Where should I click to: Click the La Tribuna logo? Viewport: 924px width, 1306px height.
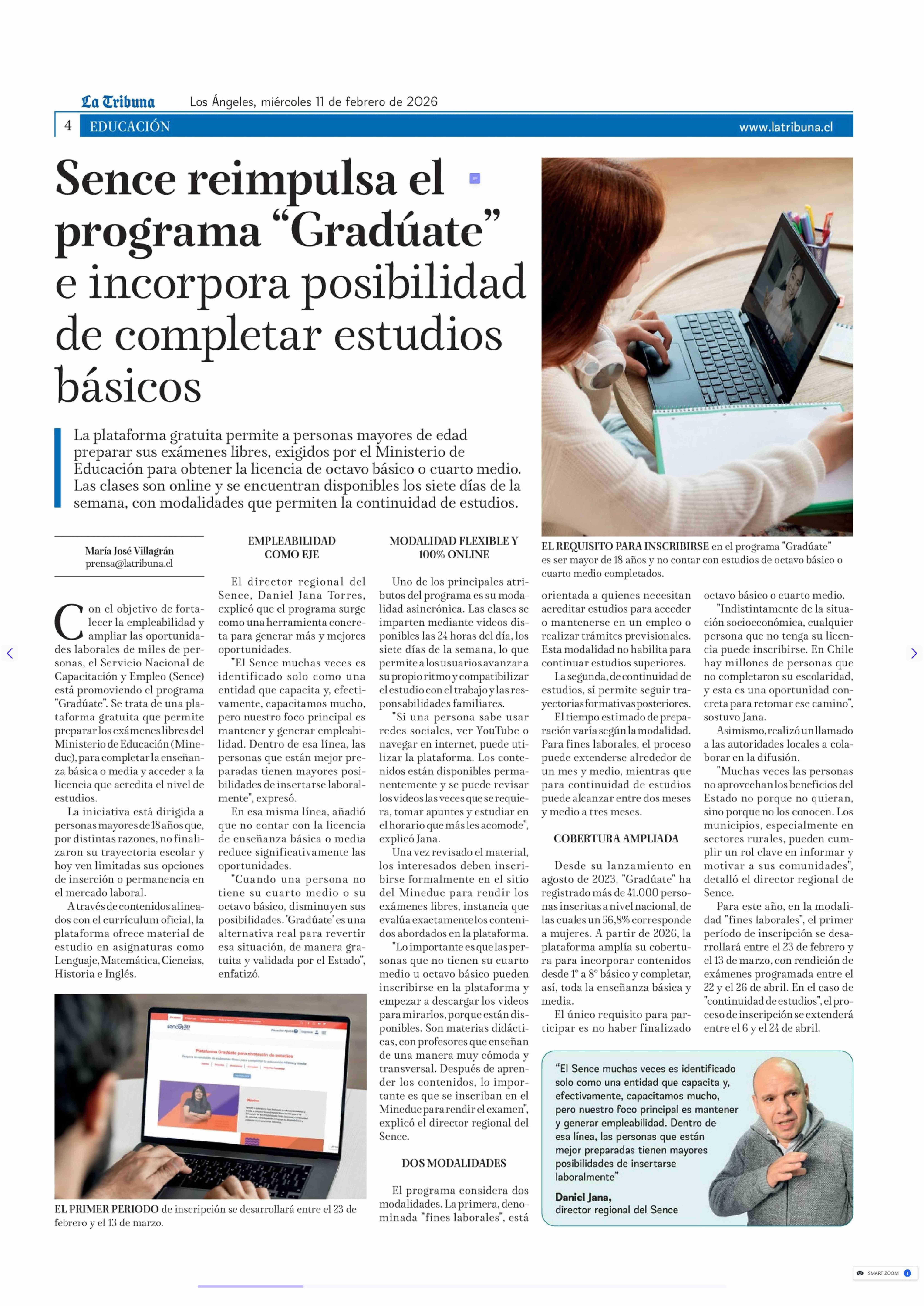(x=118, y=102)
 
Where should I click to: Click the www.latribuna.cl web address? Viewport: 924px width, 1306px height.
(x=786, y=127)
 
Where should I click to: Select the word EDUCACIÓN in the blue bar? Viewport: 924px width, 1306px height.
(x=130, y=126)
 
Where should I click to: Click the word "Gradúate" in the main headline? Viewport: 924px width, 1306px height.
(x=387, y=231)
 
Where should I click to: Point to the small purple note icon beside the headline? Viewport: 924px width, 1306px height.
(x=474, y=179)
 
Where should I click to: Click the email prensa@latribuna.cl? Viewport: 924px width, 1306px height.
(x=129, y=564)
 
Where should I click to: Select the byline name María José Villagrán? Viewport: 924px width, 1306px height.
(x=129, y=551)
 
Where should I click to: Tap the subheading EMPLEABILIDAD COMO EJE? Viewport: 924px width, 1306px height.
(x=291, y=547)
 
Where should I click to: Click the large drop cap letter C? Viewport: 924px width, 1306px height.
(x=69, y=622)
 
